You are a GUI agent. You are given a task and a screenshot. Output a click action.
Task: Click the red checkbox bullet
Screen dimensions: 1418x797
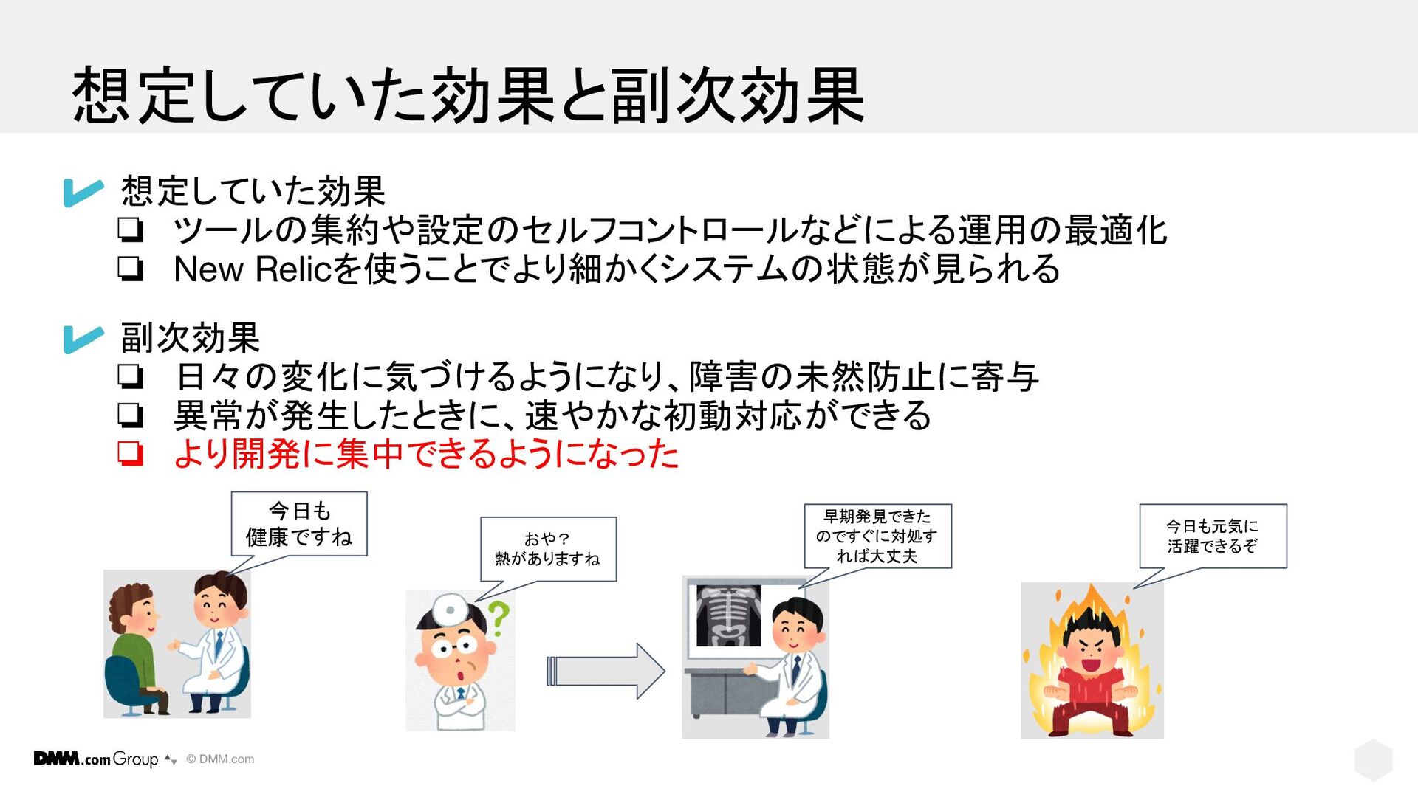tap(130, 453)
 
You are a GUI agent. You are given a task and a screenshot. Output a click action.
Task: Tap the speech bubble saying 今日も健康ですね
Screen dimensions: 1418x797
tap(299, 524)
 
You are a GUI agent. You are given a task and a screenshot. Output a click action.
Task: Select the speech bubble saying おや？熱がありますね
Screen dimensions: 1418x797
tap(548, 549)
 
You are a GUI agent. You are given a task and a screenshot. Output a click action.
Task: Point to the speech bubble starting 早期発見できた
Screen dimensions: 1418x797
tap(877, 536)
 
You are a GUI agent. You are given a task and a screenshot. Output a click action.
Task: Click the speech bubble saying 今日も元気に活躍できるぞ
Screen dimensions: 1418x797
tap(1212, 536)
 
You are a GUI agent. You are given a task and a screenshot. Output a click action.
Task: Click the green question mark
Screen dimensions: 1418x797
tap(499, 618)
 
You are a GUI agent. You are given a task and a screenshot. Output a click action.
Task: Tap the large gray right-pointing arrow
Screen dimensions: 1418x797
tap(606, 671)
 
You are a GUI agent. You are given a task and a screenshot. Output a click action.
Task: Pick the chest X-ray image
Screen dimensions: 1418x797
tap(728, 615)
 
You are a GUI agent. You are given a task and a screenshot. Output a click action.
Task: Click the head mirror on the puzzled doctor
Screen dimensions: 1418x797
tap(448, 610)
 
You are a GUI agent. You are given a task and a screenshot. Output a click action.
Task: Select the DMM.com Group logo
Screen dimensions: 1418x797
tap(96, 759)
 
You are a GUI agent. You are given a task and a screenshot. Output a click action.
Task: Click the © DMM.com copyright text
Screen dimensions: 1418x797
tap(220, 759)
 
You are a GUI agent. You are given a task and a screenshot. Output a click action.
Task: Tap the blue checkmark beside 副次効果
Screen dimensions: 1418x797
tap(83, 339)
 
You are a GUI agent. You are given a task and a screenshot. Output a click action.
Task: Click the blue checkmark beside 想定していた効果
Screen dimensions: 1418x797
tap(83, 192)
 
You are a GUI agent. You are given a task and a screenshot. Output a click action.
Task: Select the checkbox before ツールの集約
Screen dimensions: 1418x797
tap(130, 230)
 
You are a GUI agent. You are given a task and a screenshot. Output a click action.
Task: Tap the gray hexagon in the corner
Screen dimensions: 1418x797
tap(1373, 759)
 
